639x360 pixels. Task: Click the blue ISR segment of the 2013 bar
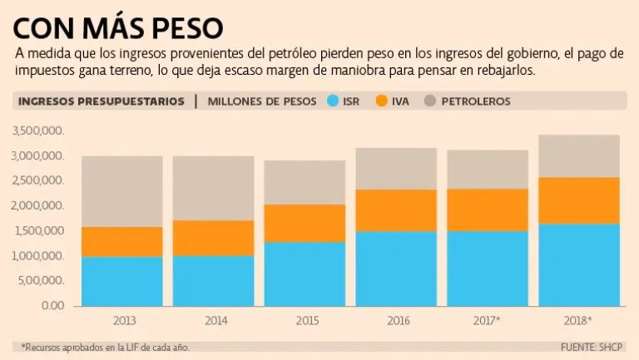tap(121, 281)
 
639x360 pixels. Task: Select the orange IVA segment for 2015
tap(305, 223)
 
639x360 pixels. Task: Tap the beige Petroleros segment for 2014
tap(213, 188)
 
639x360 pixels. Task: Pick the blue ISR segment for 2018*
tap(579, 264)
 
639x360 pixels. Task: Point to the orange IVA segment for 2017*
tap(488, 210)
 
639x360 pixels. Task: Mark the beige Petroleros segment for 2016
tap(396, 169)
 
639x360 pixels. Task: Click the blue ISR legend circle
tap(334, 101)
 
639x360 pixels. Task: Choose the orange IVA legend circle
tap(382, 101)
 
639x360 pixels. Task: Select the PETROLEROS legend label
tap(475, 101)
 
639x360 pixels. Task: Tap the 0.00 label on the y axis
tap(52, 305)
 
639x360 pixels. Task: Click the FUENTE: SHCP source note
tap(593, 346)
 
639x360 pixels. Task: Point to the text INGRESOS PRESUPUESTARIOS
tap(102, 101)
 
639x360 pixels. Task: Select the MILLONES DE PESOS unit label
tap(262, 101)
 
